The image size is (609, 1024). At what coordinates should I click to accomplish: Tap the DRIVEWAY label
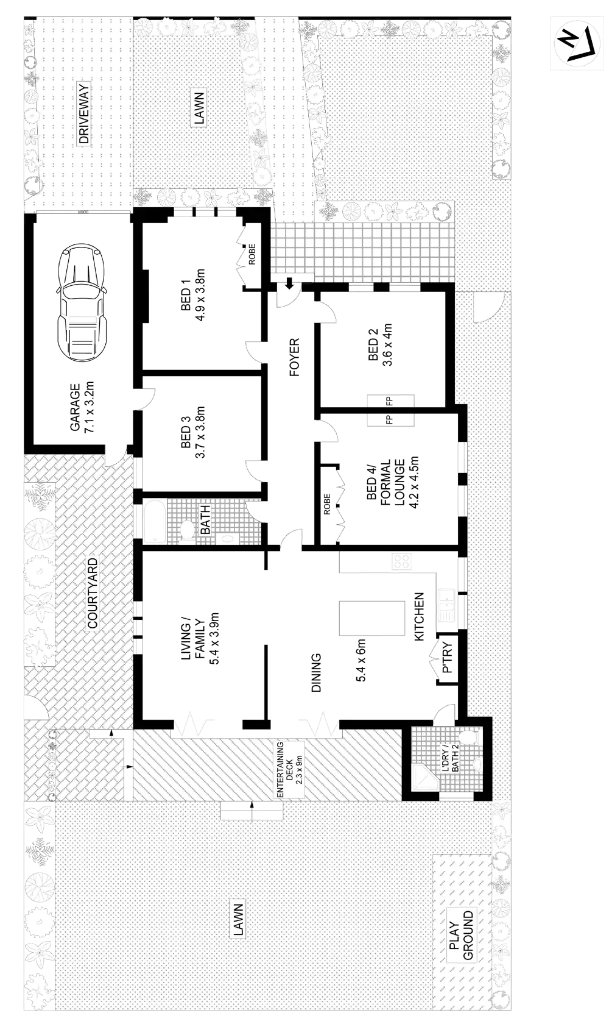(83, 114)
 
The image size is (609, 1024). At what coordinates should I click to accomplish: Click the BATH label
(205, 519)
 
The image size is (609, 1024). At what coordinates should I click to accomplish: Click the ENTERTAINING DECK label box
(289, 769)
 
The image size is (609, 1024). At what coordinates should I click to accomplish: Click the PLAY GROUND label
(462, 936)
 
